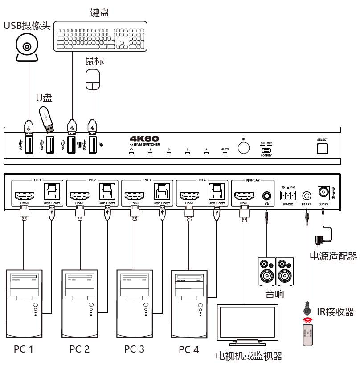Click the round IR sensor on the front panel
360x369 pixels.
(x=244, y=148)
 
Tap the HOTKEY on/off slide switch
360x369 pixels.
(x=266, y=150)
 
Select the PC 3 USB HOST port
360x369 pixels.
(x=162, y=192)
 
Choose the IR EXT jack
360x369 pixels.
(x=307, y=195)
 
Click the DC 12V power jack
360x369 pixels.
(x=323, y=192)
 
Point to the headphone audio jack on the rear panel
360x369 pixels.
(x=266, y=195)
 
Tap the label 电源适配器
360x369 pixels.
(x=333, y=256)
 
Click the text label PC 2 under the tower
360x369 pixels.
(x=79, y=349)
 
